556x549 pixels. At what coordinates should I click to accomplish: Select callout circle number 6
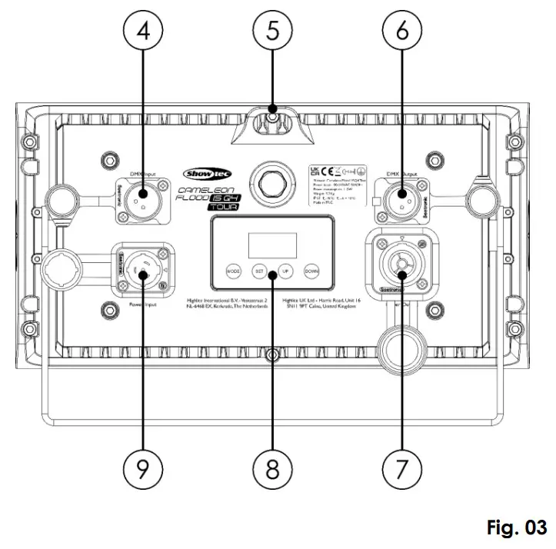click(403, 34)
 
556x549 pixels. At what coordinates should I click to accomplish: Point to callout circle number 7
click(403, 467)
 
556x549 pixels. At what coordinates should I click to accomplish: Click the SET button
click(259, 271)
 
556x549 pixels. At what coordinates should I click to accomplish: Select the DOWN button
click(311, 271)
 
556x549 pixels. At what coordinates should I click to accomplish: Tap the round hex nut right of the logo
click(273, 181)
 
